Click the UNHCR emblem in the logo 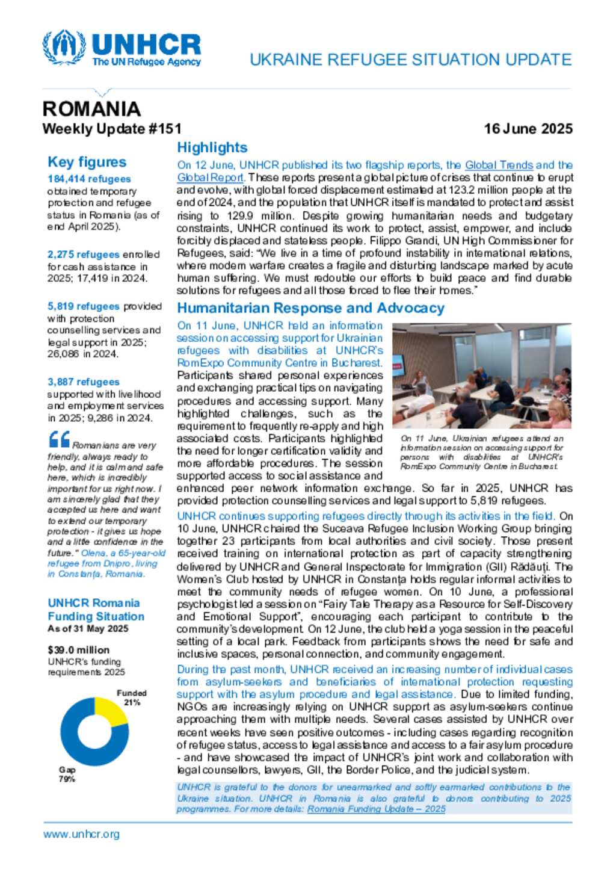pyautogui.click(x=64, y=48)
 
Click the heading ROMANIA pyautogui.click(x=91, y=109)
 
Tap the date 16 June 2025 pyautogui.click(x=528, y=129)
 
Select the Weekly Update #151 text pyautogui.click(x=112, y=129)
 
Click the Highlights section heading pyautogui.click(x=212, y=147)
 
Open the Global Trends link pyautogui.click(x=499, y=165)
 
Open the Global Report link pyautogui.click(x=210, y=178)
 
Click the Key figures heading pyautogui.click(x=87, y=162)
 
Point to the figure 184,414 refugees pyautogui.click(x=89, y=179)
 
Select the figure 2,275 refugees pyautogui.click(x=84, y=255)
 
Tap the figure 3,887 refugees pyautogui.click(x=84, y=382)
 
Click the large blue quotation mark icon pyautogui.click(x=59, y=439)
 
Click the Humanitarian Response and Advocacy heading pyautogui.click(x=310, y=308)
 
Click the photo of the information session pyautogui.click(x=481, y=376)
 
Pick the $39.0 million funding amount pyautogui.click(x=78, y=650)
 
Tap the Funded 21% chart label pyautogui.click(x=132, y=697)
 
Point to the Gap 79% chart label pyautogui.click(x=67, y=774)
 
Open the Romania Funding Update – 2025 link pyautogui.click(x=377, y=809)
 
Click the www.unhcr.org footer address pyautogui.click(x=81, y=834)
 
